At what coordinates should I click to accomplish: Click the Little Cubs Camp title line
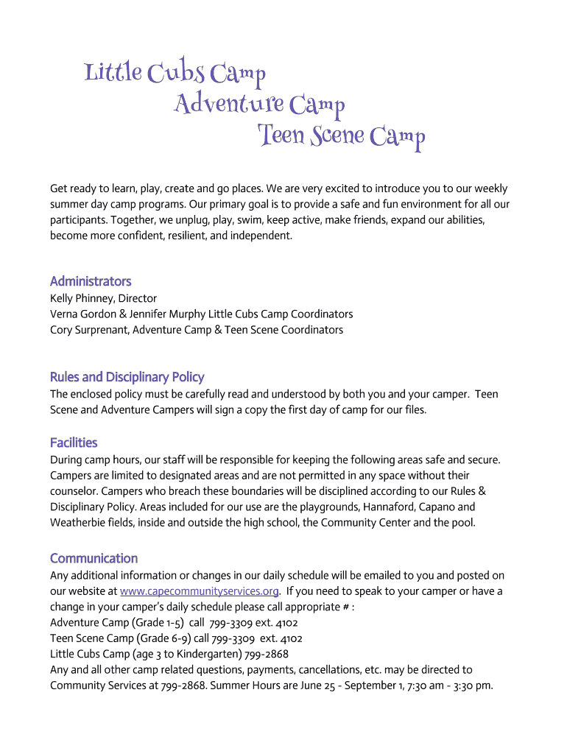pyautogui.click(x=175, y=74)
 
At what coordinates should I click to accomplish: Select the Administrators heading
pyautogui.click(x=91, y=281)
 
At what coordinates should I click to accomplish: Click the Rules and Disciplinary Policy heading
pyautogui.click(x=127, y=377)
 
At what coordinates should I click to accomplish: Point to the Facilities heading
pyautogui.click(x=74, y=443)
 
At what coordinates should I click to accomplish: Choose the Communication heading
pyautogui.click(x=94, y=558)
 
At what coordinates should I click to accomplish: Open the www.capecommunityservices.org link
pyautogui.click(x=199, y=591)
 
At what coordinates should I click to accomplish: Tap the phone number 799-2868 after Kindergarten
pyautogui.click(x=267, y=654)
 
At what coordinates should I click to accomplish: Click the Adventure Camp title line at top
pyautogui.click(x=259, y=105)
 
